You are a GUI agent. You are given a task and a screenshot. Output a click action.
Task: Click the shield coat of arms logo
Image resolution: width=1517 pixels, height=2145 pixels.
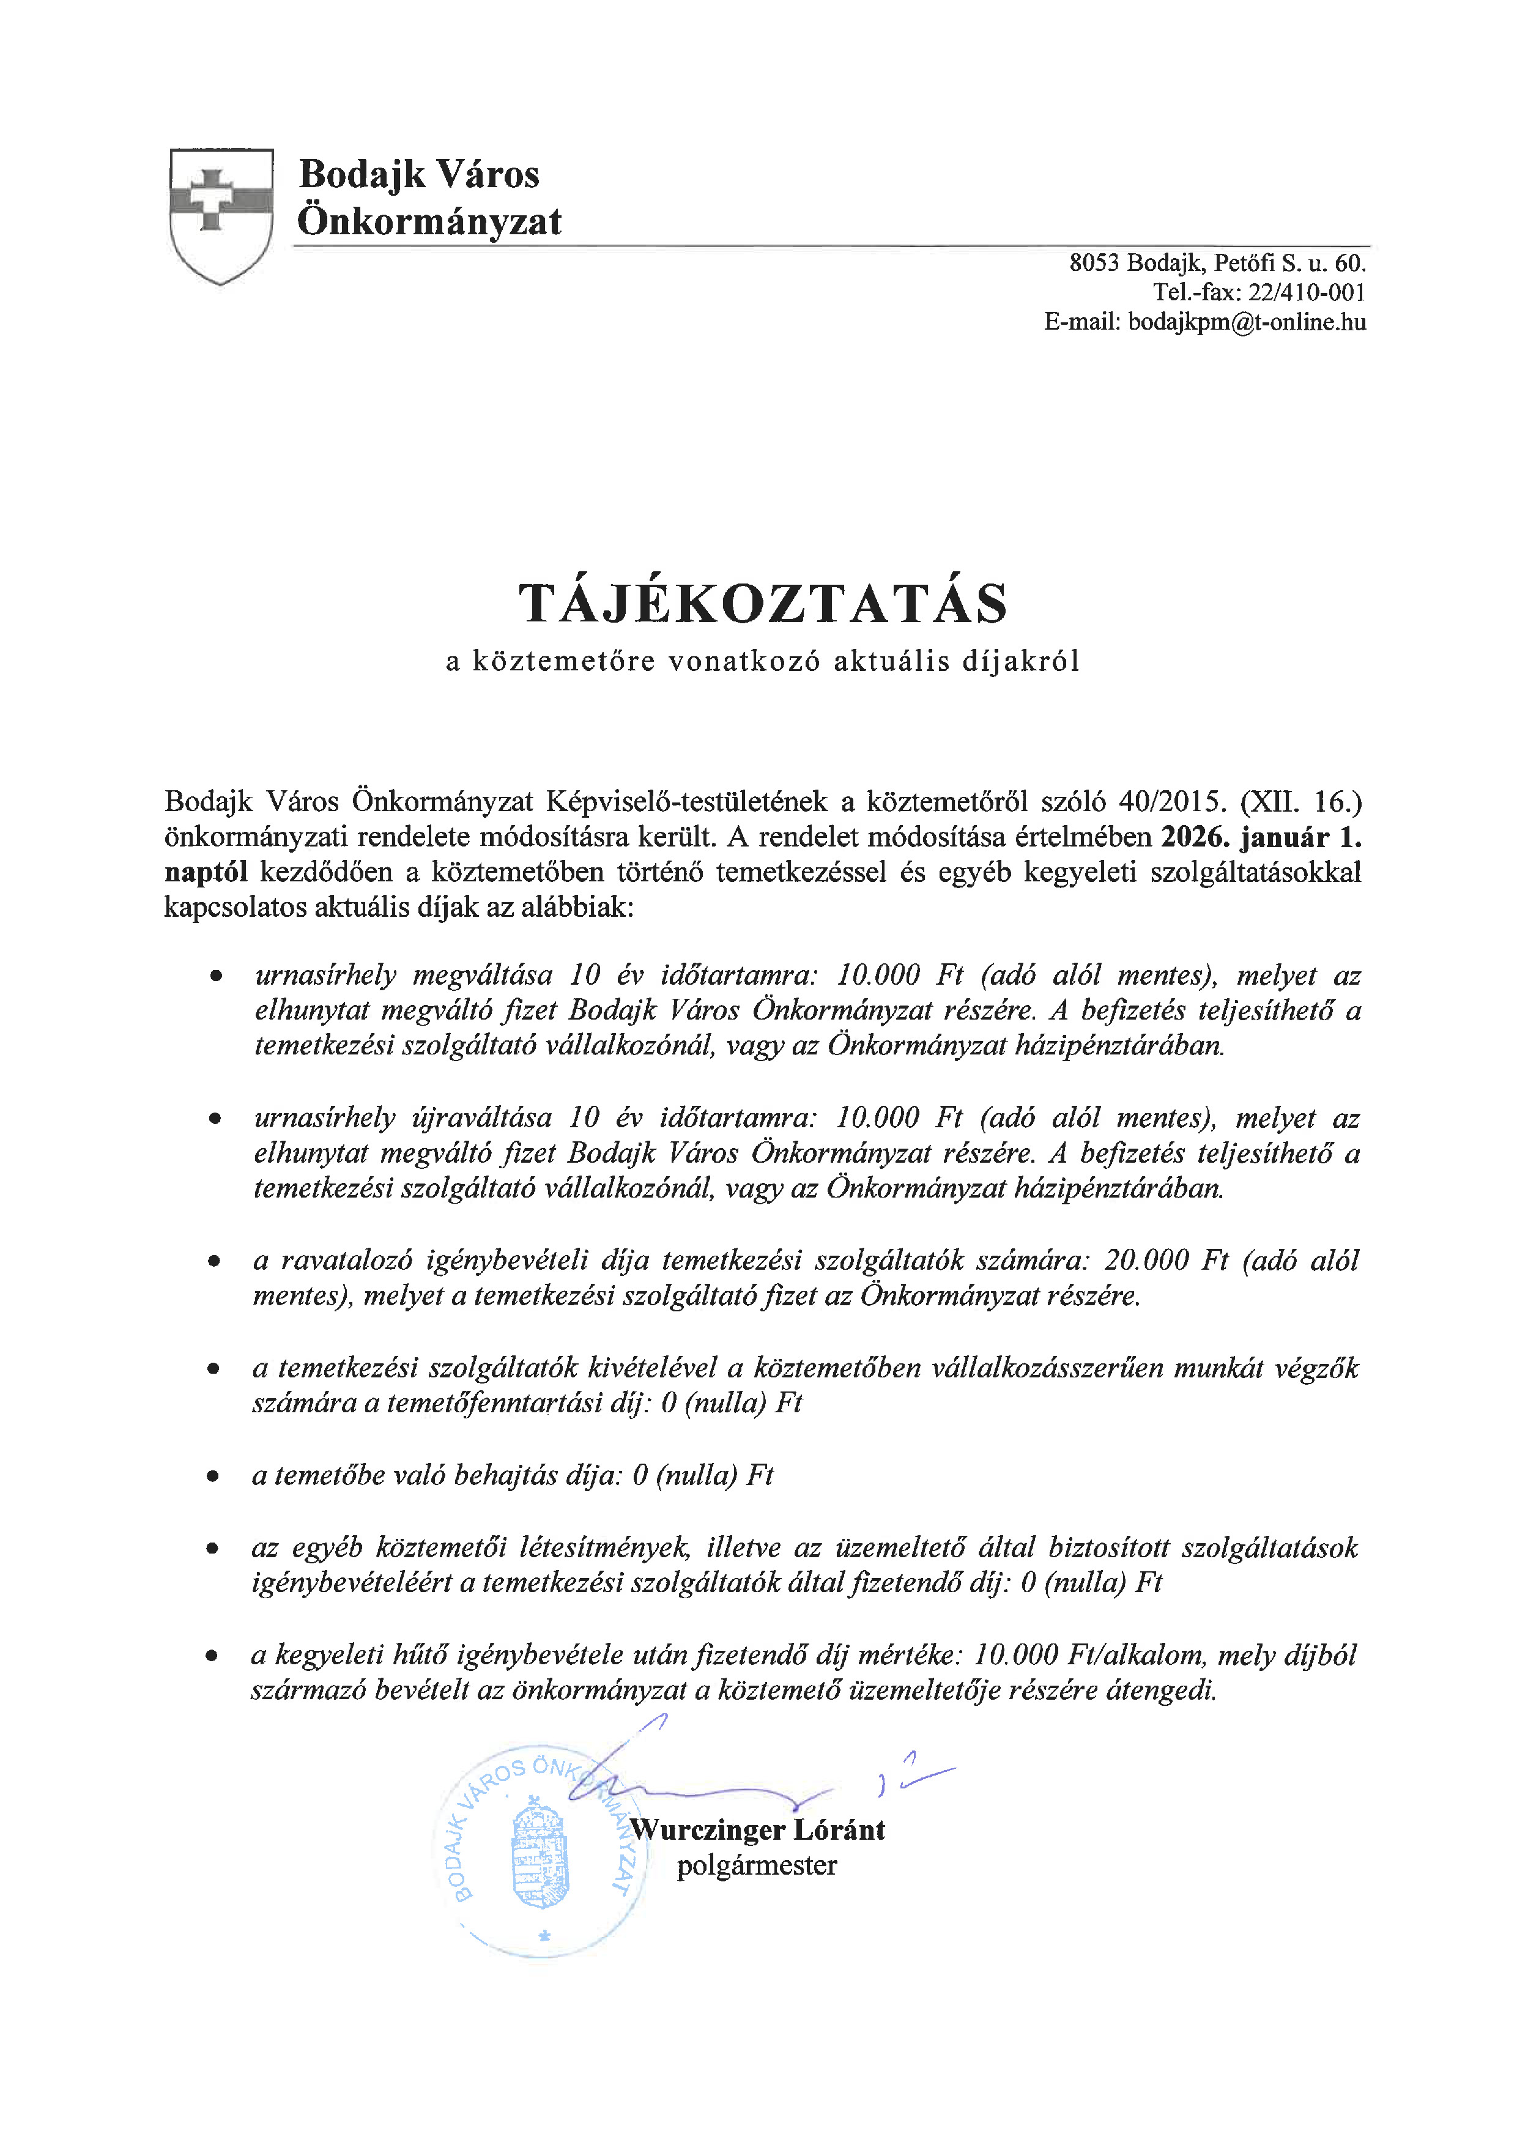221,215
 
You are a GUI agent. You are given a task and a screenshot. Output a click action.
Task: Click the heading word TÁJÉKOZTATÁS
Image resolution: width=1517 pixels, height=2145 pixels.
763,604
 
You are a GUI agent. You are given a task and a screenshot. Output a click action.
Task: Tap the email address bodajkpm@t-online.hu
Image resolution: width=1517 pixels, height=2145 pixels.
1247,322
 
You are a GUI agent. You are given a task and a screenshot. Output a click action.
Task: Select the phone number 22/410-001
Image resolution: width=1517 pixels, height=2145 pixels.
1307,292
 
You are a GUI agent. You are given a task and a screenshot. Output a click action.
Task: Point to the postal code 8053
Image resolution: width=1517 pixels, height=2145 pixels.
1094,262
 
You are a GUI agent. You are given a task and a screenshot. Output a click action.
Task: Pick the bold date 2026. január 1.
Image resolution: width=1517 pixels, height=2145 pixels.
1261,837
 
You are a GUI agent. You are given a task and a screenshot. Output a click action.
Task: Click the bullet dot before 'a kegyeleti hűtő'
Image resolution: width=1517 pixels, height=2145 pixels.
213,1656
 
